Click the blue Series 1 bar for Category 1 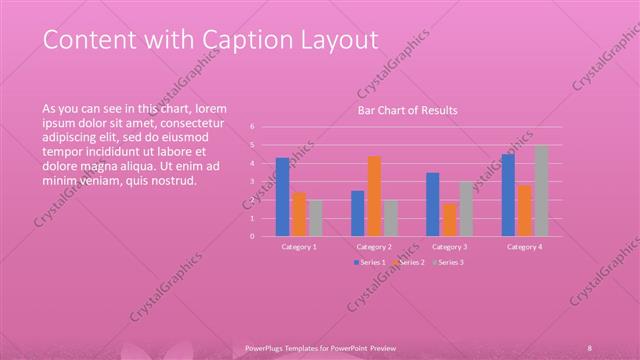[283, 196]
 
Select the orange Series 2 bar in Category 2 [374, 195]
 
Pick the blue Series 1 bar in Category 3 [432, 204]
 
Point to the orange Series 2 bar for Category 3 [449, 219]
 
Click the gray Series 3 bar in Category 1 [315, 217]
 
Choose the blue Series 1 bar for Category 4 [508, 194]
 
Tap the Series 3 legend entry [447, 262]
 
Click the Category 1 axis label [299, 246]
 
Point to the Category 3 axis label [449, 246]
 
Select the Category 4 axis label [524, 246]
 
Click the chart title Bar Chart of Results [408, 110]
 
